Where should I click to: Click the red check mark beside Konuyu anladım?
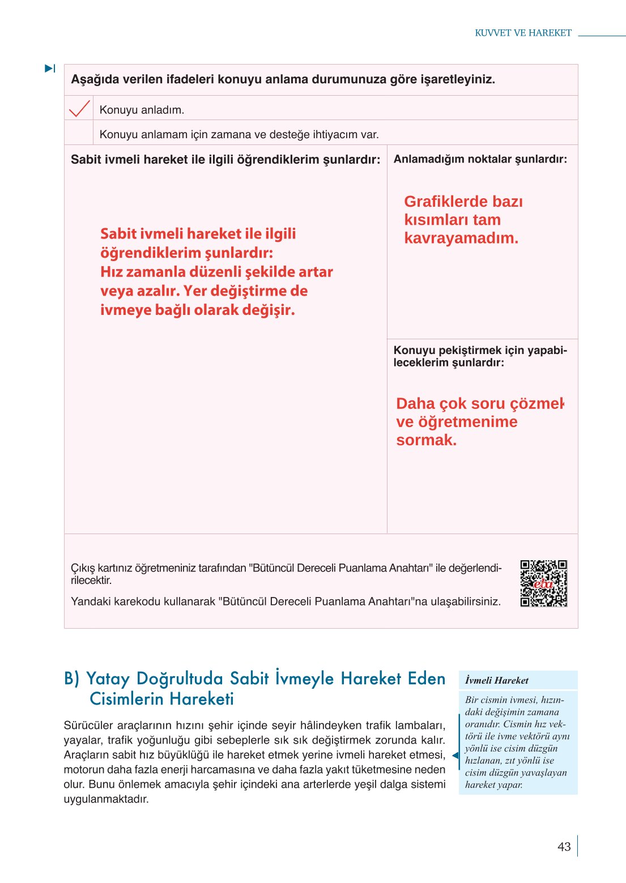click(x=79, y=108)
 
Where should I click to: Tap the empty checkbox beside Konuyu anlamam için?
click(x=79, y=133)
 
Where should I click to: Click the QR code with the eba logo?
click(x=544, y=583)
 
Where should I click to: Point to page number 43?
click(x=564, y=847)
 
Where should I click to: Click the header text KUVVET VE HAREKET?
click(x=523, y=33)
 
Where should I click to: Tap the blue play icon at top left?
click(x=50, y=69)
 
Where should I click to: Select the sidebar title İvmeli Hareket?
click(x=497, y=681)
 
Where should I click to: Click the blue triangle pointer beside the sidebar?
click(x=455, y=756)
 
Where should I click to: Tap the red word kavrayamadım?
click(x=461, y=238)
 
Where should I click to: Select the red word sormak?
click(x=426, y=440)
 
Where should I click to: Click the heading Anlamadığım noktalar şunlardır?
click(x=480, y=159)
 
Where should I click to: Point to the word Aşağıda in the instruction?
click(x=95, y=79)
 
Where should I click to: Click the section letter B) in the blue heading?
click(x=72, y=679)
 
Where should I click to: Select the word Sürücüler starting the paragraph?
click(x=88, y=726)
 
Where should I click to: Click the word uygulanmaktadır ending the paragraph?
click(x=106, y=800)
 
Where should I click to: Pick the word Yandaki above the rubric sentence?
click(x=91, y=602)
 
